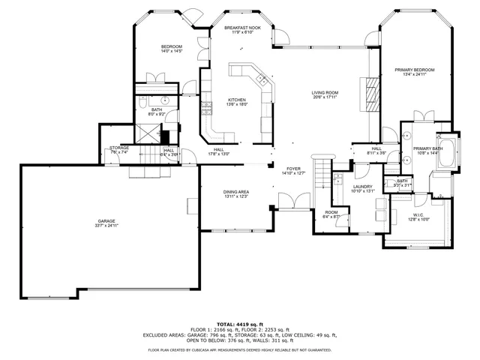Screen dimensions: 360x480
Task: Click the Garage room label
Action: pyautogui.click(x=106, y=223)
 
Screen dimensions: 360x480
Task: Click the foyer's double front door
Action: pyautogui.click(x=289, y=200)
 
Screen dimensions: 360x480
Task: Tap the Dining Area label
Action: pyautogui.click(x=236, y=194)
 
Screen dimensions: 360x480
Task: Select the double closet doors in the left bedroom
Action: pyautogui.click(x=158, y=77)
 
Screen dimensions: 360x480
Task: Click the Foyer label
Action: pyautogui.click(x=293, y=171)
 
